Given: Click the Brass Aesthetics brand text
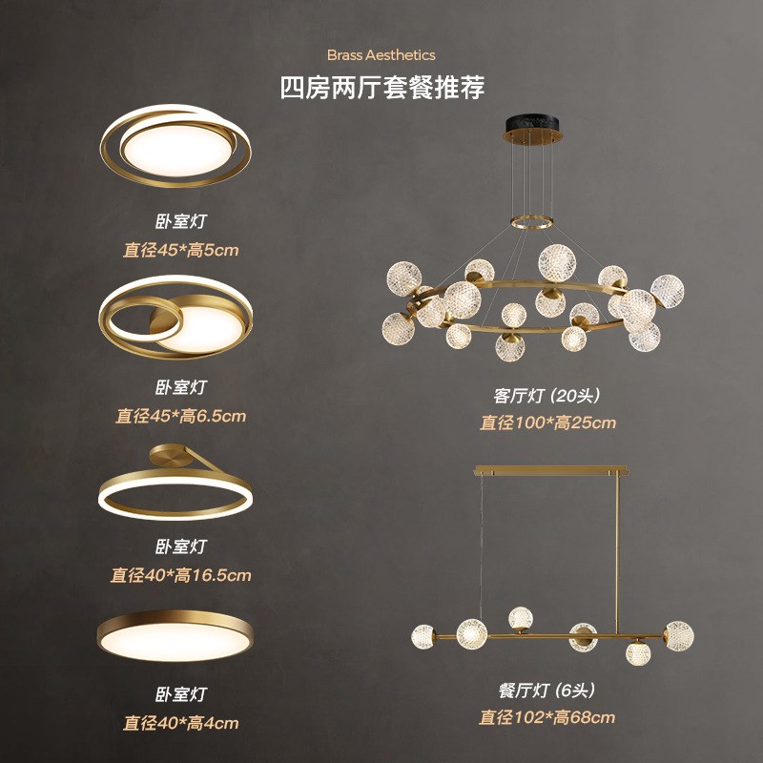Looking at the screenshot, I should (381, 55).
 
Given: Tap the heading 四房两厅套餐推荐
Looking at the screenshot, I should (381, 89).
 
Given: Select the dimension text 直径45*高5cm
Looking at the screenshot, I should (180, 251).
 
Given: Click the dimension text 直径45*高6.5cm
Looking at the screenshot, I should (180, 416).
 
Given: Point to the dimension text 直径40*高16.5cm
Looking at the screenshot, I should (180, 575).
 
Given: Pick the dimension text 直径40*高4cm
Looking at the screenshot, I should (180, 723).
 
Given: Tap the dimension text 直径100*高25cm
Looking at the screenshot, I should (547, 423).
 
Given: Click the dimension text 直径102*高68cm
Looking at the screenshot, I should (547, 717).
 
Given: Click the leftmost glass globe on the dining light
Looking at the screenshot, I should (423, 635).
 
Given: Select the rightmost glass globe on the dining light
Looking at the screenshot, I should (678, 634).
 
